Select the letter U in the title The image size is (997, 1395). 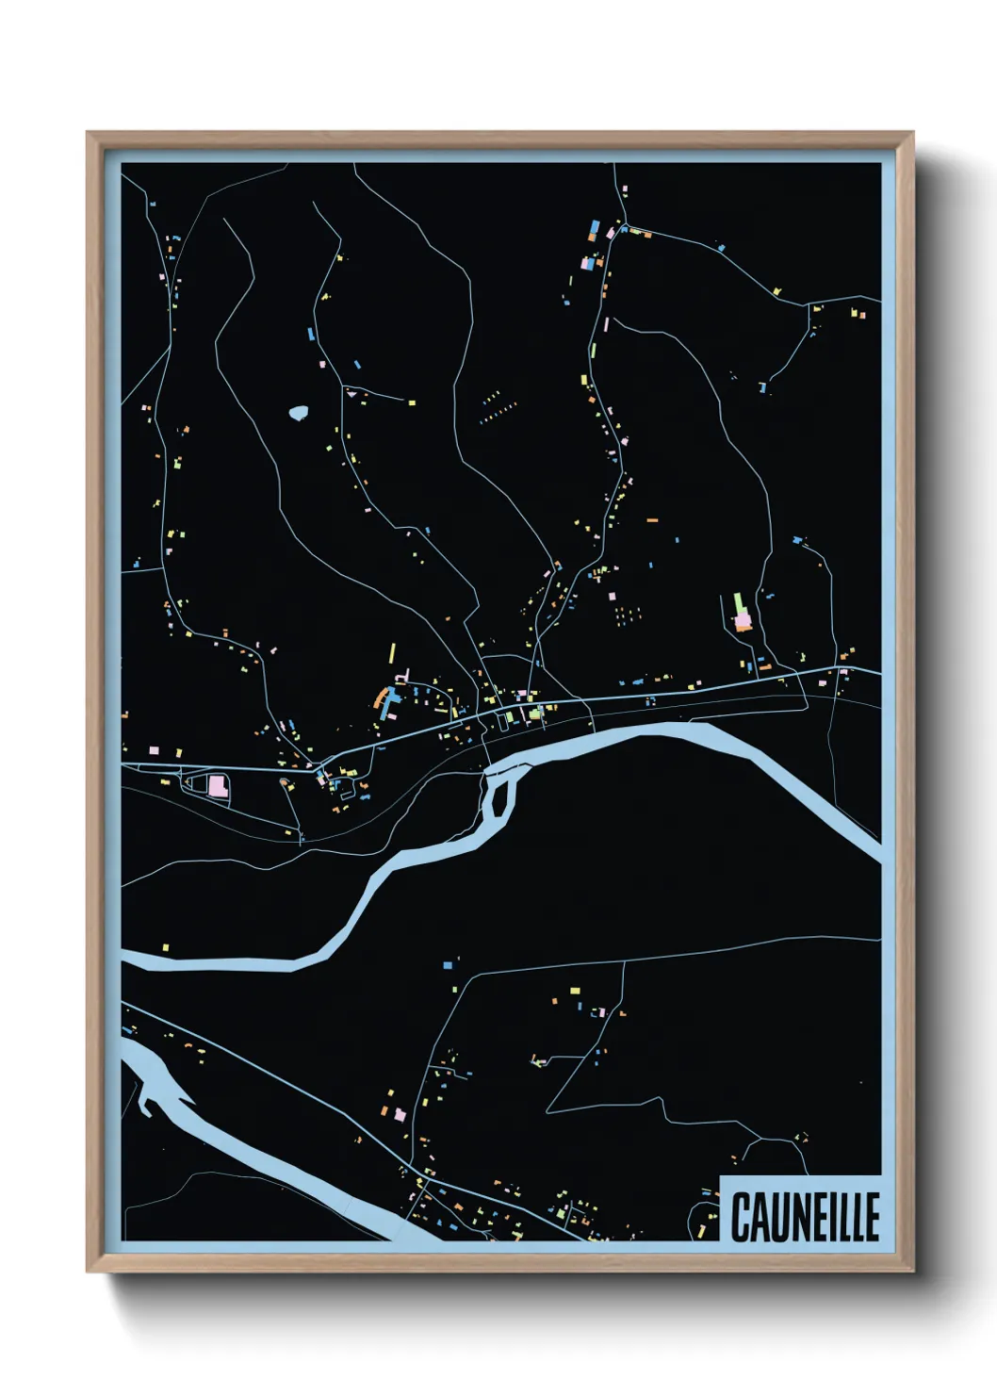779,1218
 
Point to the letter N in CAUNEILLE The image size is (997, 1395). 800,1218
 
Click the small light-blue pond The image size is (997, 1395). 299,412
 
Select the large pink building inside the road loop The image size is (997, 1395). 218,785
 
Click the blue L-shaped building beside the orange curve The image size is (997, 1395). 388,703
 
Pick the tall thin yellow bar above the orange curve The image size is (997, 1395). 392,652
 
